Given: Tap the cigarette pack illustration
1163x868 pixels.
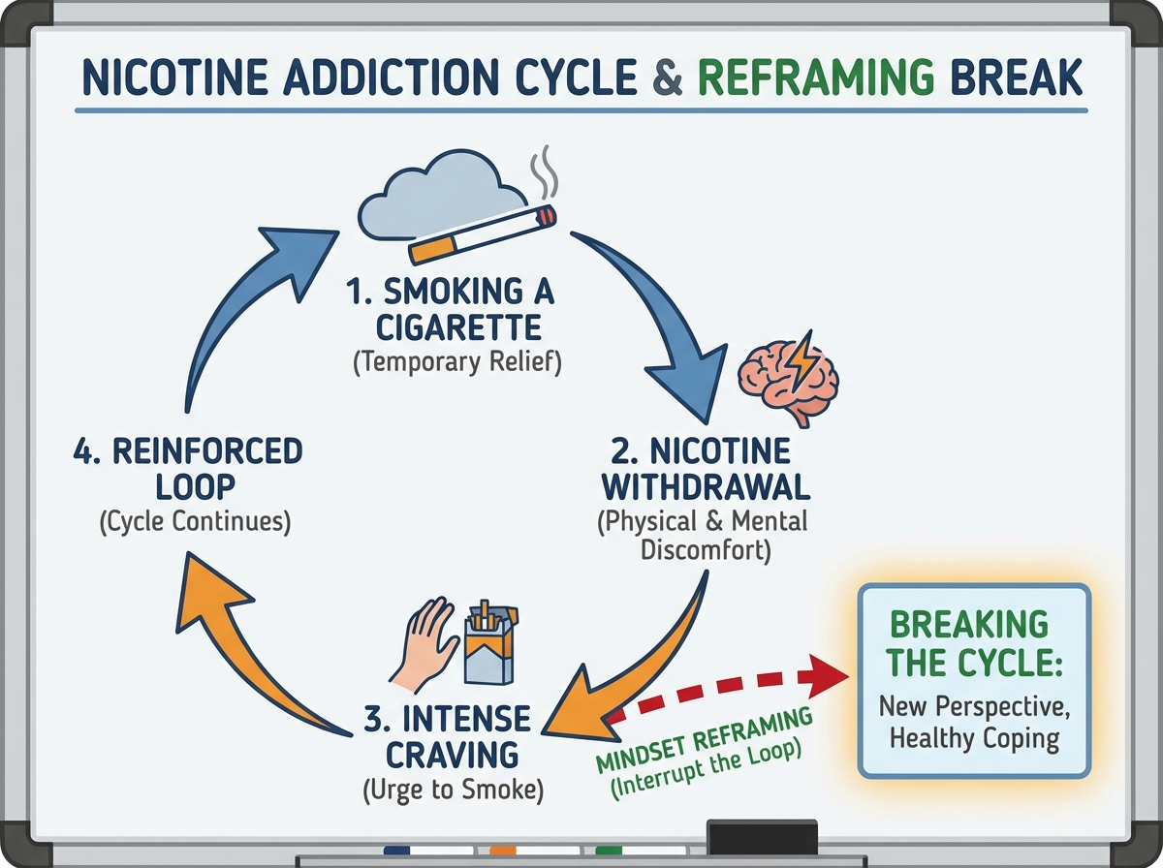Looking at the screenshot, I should tap(491, 643).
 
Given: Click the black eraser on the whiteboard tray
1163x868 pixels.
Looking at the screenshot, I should tap(762, 835).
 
